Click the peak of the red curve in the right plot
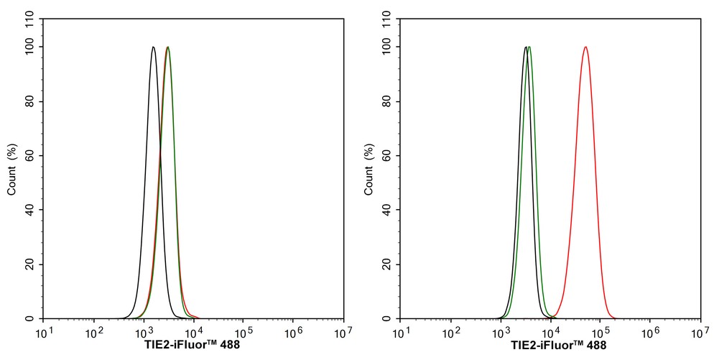click(x=586, y=47)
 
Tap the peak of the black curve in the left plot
click(x=153, y=47)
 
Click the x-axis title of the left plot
click(x=192, y=345)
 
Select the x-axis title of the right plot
click(x=550, y=345)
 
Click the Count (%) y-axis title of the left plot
click(x=12, y=170)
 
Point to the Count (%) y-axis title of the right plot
click(x=369, y=170)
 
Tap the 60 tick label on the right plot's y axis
click(x=386, y=155)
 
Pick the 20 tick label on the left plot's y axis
click(x=29, y=264)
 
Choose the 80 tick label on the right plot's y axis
click(x=386, y=101)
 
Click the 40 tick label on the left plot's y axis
click(x=29, y=210)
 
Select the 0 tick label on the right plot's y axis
click(x=389, y=318)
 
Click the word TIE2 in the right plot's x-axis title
click(x=523, y=345)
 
